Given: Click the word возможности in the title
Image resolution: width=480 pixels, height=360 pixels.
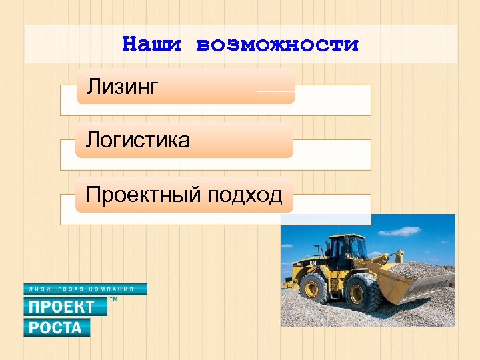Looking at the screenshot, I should coord(277,45).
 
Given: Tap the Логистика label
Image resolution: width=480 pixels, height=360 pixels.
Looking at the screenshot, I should coord(138,140).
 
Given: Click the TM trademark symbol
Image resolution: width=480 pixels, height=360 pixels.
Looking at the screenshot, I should coord(113,301).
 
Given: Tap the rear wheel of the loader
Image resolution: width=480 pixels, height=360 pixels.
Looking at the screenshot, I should coord(313,289).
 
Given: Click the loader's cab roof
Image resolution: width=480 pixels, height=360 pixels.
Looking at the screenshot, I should coord(345,236).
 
